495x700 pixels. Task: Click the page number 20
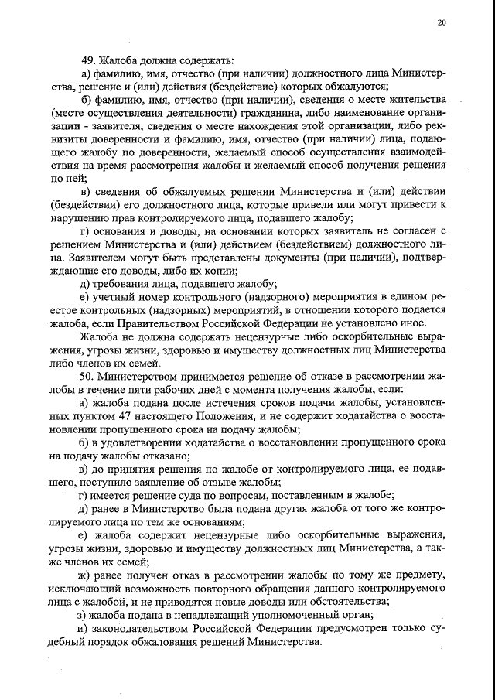[x=442, y=22]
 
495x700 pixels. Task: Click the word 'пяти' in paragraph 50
[x=169, y=388]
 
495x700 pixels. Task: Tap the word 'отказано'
[x=166, y=456]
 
